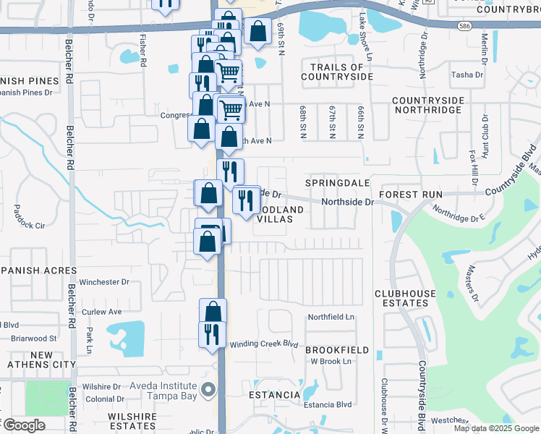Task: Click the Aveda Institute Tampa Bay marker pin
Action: point(208,391)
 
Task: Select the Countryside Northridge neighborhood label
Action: point(427,105)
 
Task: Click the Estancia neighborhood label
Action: point(275,395)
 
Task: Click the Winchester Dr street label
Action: point(104,282)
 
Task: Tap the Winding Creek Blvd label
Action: point(264,344)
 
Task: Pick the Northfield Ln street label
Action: point(331,317)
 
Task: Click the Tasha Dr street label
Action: point(467,75)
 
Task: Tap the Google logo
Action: point(24,425)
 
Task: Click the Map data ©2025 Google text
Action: point(497,428)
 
